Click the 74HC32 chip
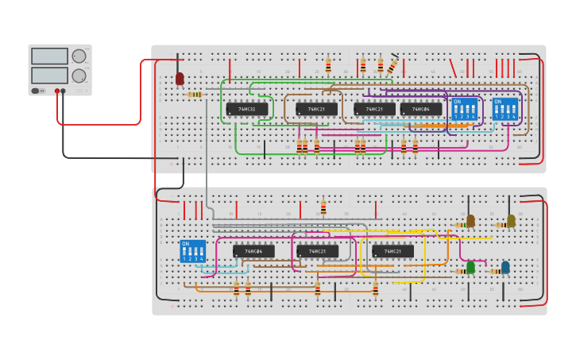pos(246,109)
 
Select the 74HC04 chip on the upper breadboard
pos(421,109)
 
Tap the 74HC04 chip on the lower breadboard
pos(253,251)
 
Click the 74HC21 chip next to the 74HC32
pos(316,109)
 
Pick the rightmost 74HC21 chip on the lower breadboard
pos(392,251)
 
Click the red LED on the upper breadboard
pos(180,79)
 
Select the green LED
pos(470,268)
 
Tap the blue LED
pos(505,268)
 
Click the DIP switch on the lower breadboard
pos(192,251)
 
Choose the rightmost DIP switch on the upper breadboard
pos(505,109)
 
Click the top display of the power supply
pos(50,56)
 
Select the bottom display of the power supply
pos(50,75)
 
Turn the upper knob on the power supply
pos(79,56)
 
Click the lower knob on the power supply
pos(79,76)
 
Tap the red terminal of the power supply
pos(57,91)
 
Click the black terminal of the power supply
pos(64,91)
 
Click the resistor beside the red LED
pos(195,95)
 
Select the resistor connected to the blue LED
pos(494,272)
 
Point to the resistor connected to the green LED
pos(460,272)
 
